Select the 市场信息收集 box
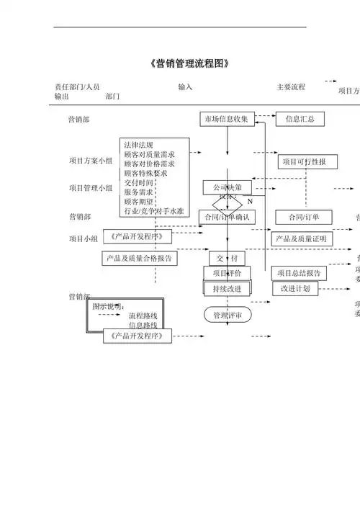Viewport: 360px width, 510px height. click(x=227, y=119)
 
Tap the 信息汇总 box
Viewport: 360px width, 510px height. click(x=300, y=119)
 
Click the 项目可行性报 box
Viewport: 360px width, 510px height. click(x=303, y=162)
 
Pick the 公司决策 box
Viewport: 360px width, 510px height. click(x=227, y=187)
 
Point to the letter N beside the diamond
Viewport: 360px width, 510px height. click(x=250, y=202)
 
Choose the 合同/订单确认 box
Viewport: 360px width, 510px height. click(x=227, y=217)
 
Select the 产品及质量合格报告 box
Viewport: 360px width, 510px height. click(x=139, y=258)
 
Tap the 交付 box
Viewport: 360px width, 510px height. click(x=227, y=258)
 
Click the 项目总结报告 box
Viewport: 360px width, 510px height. click(x=299, y=273)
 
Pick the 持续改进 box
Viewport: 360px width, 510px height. click(x=227, y=288)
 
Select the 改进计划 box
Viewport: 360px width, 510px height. click(x=295, y=288)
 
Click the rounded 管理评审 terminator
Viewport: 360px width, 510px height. click(x=227, y=315)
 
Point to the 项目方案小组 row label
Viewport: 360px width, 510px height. click(x=91, y=161)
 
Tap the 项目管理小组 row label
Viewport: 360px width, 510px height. click(x=91, y=188)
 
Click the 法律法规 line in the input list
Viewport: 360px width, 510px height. click(x=138, y=145)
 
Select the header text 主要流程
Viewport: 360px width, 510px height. click(x=291, y=87)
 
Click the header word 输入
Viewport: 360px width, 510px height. click(x=185, y=87)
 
